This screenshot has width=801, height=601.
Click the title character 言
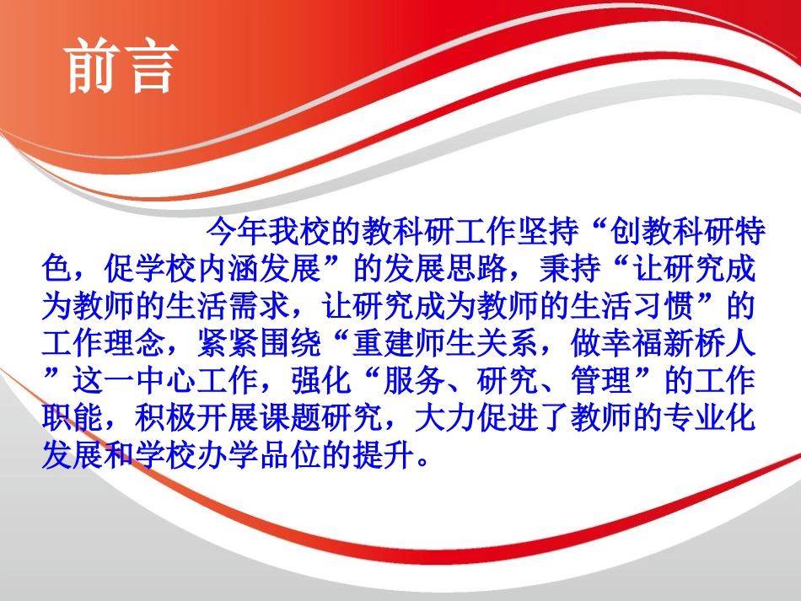[x=149, y=66]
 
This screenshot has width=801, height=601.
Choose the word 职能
[x=73, y=420]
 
